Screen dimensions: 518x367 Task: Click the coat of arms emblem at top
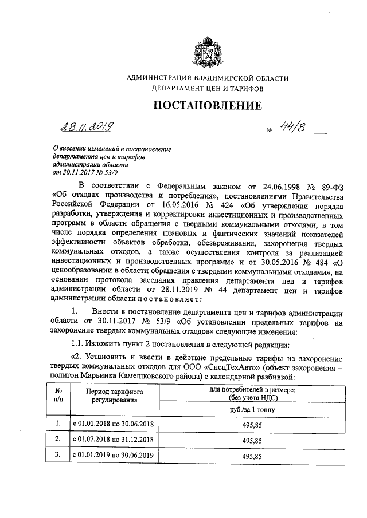click(208, 51)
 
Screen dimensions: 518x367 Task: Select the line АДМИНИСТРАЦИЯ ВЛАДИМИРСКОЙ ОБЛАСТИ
click(208, 78)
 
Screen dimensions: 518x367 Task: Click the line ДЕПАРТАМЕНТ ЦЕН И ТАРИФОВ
click(208, 90)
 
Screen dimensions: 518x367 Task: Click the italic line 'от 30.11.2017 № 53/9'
click(86, 171)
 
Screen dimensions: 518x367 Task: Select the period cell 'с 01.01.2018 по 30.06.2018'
click(113, 424)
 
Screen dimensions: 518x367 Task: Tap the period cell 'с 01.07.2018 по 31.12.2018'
click(113, 440)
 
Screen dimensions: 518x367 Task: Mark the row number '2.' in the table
click(58, 440)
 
